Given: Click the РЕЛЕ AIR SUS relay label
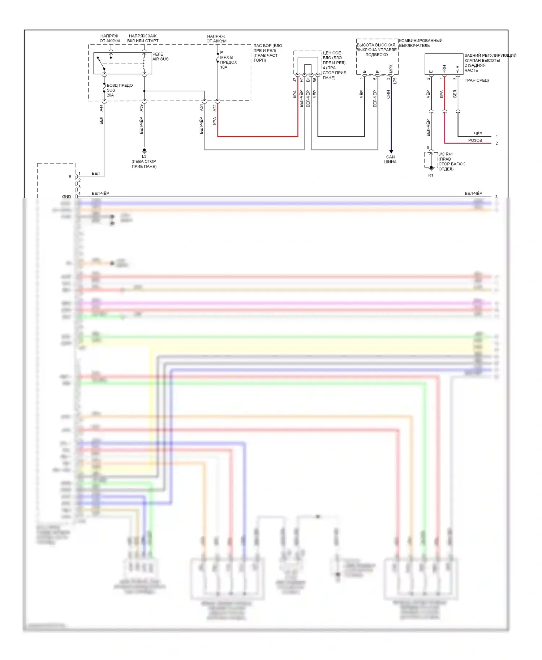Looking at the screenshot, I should pos(160,57).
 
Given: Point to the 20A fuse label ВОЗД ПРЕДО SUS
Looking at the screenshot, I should pos(119,90).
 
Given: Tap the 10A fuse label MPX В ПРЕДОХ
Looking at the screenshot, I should pos(228,62).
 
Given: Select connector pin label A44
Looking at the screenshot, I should pos(101,108).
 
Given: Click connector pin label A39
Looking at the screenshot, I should pos(141,108).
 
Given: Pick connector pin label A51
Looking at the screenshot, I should pos(201,108).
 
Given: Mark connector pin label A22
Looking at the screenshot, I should pos(215,108).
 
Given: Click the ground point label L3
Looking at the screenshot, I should pos(144,156).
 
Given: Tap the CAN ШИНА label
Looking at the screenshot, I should pos(390,159).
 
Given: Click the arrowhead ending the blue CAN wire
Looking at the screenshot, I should pos(391,152).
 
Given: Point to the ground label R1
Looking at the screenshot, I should pos(431,175).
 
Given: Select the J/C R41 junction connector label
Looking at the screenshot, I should pos(446,154).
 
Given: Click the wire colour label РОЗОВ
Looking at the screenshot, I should pos(475,140).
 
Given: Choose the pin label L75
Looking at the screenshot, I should pos(395,81).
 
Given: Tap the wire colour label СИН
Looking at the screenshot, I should pos(388,94).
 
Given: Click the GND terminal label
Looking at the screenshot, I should pos(66,197).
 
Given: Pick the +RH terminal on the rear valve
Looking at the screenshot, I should pos(444,69).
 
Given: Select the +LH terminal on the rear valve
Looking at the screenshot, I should pos(457,69).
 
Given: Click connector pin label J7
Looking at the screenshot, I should pos(295,79).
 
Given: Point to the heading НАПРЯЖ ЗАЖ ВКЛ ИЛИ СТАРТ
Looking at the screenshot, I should pos(143,38).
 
